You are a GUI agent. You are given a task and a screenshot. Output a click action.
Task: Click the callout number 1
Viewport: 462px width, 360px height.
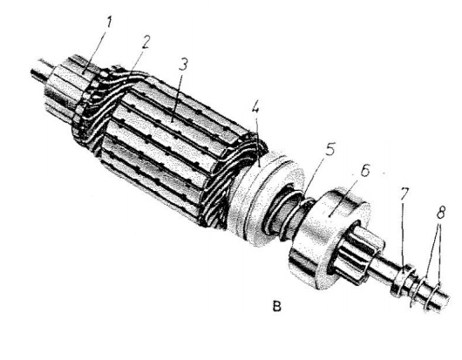click(109, 23)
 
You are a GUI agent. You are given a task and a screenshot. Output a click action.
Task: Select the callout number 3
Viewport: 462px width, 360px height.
click(183, 65)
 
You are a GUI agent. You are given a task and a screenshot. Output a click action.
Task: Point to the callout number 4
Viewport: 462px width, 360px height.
click(255, 108)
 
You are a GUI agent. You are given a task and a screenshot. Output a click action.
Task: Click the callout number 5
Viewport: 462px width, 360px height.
click(330, 150)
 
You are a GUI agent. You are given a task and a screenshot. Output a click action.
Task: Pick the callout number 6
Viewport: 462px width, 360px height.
click(364, 171)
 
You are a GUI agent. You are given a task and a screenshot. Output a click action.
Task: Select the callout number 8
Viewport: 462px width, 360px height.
click(441, 212)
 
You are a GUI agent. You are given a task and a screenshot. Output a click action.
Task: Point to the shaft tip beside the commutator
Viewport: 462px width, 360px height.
click(41, 71)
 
